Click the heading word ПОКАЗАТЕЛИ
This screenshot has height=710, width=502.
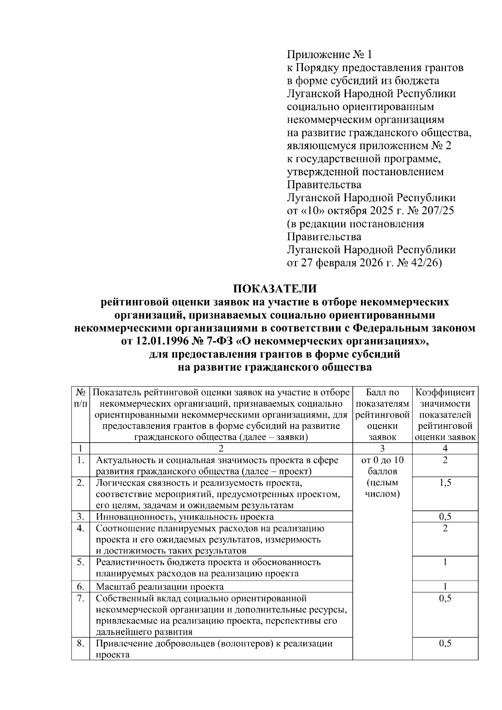275,289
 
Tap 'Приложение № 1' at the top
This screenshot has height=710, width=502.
329,54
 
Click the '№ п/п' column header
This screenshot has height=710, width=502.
80,398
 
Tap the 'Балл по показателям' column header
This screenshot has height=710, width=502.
382,398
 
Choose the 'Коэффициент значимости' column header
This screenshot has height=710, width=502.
445,398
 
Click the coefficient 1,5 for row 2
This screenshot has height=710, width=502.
445,483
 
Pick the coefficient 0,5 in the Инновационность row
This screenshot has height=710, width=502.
445,517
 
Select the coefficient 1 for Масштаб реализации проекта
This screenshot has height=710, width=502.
445,586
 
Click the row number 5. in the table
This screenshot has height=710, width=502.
80,562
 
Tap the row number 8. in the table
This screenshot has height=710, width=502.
80,643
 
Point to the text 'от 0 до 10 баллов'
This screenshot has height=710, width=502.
382,466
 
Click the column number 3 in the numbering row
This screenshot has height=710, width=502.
382,449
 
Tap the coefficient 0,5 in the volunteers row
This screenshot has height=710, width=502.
445,643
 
